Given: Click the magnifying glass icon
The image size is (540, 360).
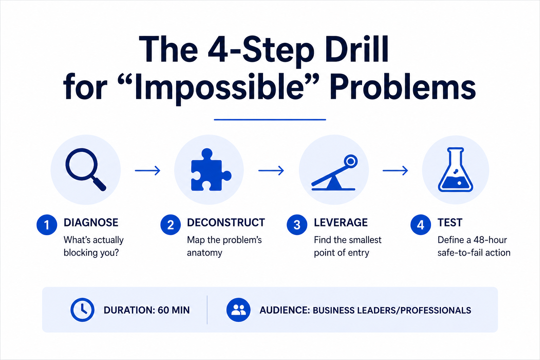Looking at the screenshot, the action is (82, 165).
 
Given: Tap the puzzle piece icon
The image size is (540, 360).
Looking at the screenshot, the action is (210, 170).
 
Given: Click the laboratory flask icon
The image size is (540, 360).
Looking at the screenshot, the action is (455, 170).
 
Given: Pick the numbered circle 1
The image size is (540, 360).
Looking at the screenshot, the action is (47, 225).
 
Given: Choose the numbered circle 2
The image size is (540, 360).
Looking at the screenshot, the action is (171, 225).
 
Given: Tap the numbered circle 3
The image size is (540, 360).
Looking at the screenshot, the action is (297, 225).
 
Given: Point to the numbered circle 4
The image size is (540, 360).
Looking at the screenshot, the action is (421, 225).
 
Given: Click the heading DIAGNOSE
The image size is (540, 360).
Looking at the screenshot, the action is (91, 222).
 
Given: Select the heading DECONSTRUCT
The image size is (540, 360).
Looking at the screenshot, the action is (226, 222).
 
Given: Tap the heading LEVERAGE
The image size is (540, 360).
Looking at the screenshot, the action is (341, 222).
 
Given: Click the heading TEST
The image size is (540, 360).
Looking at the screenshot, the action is (450, 222).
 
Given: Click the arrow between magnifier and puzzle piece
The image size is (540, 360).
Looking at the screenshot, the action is (148, 171).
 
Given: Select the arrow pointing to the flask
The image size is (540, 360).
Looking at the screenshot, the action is (396, 171).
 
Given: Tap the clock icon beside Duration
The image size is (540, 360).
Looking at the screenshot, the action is (82, 310).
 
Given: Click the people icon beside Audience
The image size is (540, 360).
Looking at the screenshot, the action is (238, 310).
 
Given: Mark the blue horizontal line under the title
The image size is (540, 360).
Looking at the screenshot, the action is (270, 120).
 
